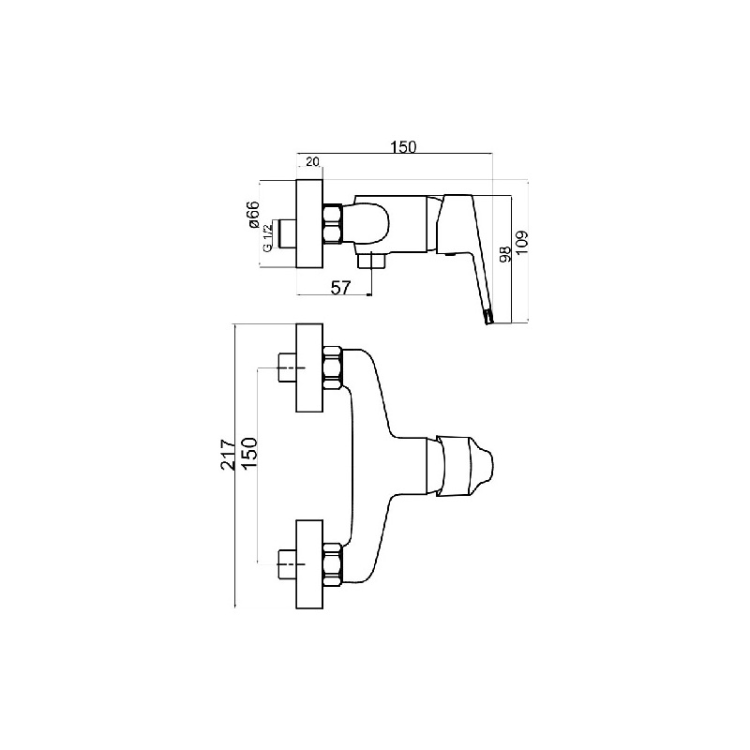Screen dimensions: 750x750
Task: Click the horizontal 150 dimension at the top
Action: (404, 147)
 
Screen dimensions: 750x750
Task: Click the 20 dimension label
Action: (312, 161)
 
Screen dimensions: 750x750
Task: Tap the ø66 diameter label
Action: (253, 215)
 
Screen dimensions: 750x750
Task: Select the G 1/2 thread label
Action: (267, 237)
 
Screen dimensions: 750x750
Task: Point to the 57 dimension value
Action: (341, 288)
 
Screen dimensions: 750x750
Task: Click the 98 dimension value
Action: (505, 252)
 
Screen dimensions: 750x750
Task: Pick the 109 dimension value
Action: (522, 243)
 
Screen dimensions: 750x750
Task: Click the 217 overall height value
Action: (229, 455)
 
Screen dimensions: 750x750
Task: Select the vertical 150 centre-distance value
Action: (250, 455)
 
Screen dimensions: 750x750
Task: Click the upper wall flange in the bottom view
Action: (310, 367)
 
